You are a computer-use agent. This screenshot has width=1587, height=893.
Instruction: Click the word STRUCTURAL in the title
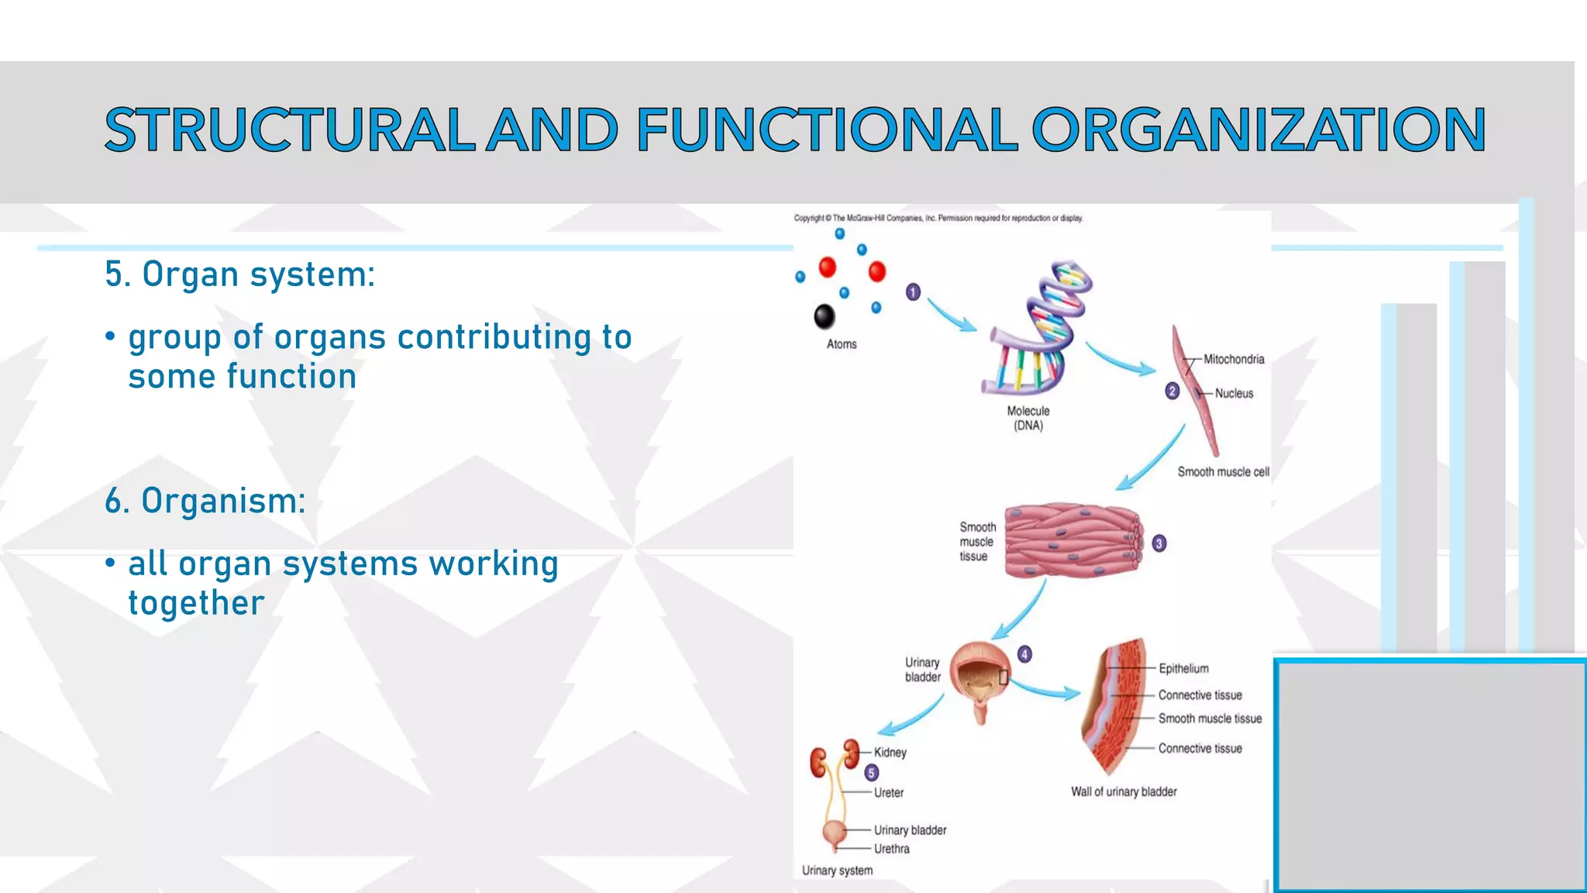(289, 129)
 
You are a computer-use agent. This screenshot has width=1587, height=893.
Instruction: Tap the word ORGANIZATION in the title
(1258, 129)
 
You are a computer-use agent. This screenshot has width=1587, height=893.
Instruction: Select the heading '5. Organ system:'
(239, 274)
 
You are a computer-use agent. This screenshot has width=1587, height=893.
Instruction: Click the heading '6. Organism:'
(205, 501)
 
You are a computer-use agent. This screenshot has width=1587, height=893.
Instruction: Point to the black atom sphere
(824, 315)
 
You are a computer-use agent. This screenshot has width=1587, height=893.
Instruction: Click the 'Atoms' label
(842, 344)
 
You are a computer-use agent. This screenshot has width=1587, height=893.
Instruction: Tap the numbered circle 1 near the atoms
(913, 292)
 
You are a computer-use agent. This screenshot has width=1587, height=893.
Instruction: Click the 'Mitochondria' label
(1234, 359)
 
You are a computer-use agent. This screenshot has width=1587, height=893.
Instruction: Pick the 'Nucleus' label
(1234, 393)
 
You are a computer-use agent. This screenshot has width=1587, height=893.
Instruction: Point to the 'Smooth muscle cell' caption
(1223, 471)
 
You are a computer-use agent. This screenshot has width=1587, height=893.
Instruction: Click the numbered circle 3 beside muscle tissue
(1158, 543)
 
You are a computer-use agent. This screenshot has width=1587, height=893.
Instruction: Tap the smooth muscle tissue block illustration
(1072, 541)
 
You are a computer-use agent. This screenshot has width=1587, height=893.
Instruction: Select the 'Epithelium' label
(1183, 668)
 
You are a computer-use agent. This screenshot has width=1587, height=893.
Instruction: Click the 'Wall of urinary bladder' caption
(1124, 791)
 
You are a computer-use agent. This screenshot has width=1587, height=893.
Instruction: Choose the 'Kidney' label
(890, 752)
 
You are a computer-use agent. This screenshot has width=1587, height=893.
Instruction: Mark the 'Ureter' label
(889, 792)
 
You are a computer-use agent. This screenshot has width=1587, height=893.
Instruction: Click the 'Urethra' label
(892, 849)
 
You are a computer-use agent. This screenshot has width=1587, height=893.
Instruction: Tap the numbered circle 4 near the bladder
(1024, 654)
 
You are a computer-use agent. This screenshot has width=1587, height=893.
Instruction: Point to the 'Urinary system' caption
(837, 871)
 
